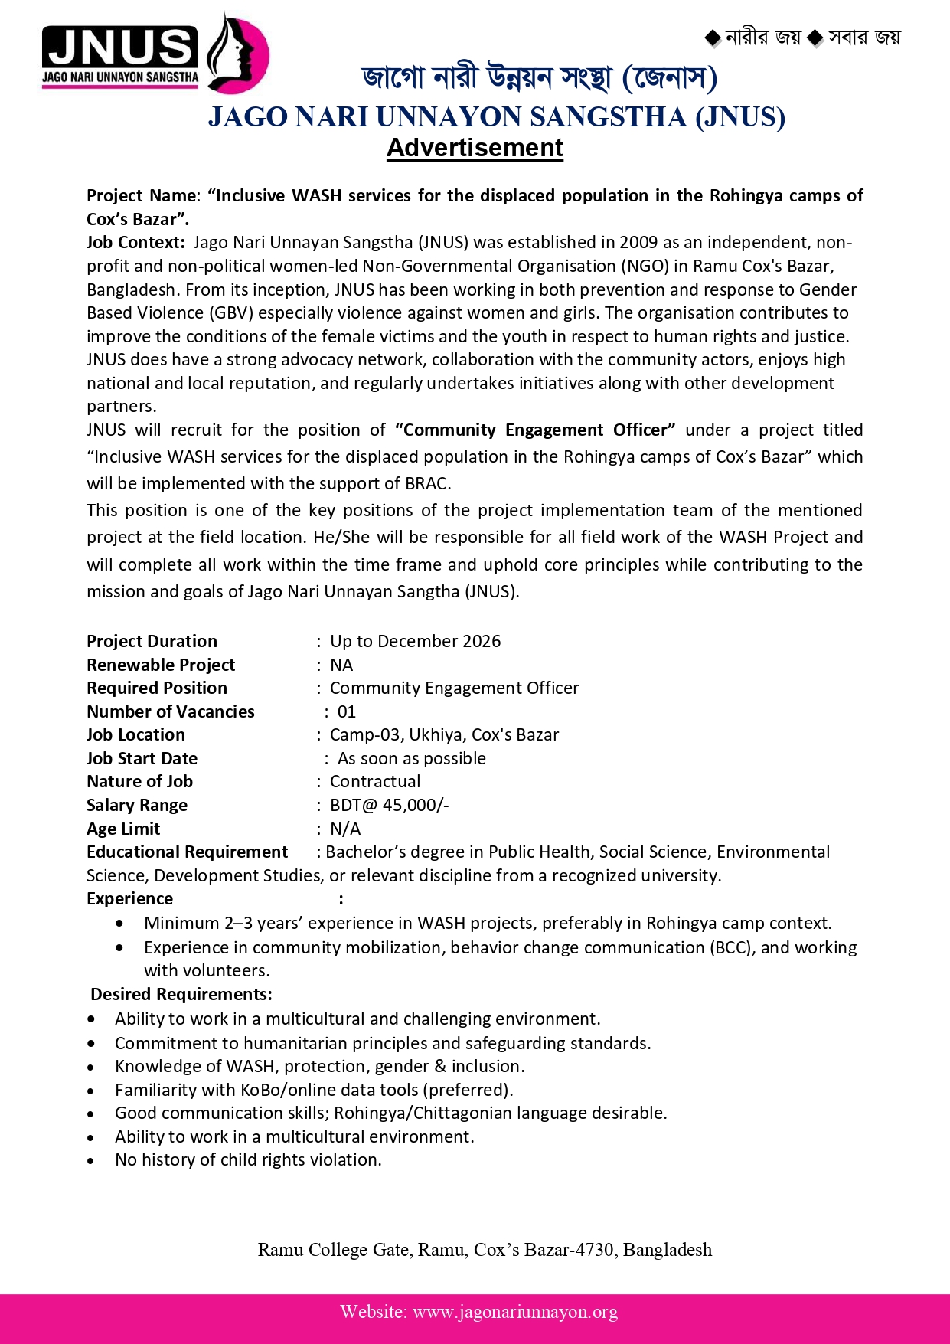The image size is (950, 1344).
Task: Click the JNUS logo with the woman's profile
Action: (x=155, y=54)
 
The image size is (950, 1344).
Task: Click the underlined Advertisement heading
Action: (x=475, y=147)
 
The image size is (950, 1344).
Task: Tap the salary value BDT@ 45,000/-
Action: (x=389, y=805)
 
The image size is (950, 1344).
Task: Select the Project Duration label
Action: (x=152, y=641)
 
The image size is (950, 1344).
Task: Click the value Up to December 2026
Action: (x=415, y=641)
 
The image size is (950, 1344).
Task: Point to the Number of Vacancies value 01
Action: (x=347, y=711)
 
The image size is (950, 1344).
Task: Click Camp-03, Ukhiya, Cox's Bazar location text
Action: (x=444, y=734)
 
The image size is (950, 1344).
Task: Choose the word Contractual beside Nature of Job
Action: (x=375, y=781)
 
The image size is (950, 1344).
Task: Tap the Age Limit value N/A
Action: (x=345, y=829)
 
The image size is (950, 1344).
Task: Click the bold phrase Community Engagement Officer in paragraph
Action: (x=536, y=430)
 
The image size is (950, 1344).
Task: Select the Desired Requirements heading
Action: (x=181, y=994)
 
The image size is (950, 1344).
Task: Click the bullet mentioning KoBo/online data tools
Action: (x=314, y=1090)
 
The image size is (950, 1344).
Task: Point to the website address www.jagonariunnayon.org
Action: (x=515, y=1312)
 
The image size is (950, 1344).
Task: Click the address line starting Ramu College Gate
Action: (x=485, y=1250)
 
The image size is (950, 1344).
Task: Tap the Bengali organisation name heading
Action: (x=539, y=78)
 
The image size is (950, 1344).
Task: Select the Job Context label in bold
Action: (x=135, y=242)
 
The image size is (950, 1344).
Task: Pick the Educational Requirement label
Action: (x=187, y=852)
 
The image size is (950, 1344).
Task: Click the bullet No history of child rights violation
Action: (x=248, y=1159)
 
